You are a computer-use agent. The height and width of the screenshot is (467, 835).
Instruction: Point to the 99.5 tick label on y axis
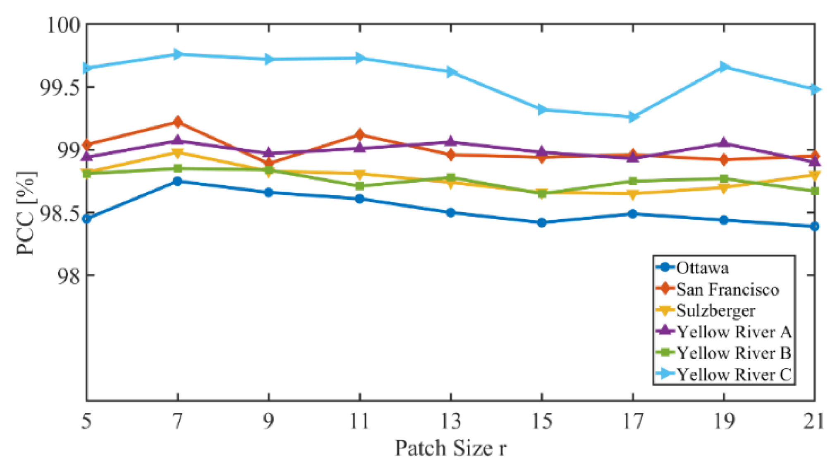coord(60,87)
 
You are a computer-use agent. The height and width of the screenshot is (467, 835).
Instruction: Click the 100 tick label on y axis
coord(63,25)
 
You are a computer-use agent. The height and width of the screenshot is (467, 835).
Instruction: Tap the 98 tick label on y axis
coord(69,275)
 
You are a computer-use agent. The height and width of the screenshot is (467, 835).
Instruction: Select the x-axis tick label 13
coord(450,421)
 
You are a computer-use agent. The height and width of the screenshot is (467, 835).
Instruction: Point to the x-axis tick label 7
coord(177,421)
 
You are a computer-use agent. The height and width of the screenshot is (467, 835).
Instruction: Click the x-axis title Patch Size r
coord(450,448)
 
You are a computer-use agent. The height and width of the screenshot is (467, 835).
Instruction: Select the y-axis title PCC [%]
coord(26,213)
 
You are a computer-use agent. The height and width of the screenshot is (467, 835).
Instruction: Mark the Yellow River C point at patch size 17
coord(632,117)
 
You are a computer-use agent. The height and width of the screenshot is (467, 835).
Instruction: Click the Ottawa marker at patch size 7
coord(177,181)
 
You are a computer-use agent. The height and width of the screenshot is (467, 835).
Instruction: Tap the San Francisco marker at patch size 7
coord(177,122)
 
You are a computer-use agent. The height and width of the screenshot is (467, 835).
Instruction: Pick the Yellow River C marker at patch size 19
coord(723,67)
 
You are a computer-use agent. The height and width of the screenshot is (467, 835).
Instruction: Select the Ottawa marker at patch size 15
coord(541,223)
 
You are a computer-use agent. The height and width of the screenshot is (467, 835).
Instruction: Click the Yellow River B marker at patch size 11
coord(359,186)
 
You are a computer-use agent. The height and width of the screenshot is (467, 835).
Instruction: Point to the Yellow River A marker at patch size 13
coord(450,142)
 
